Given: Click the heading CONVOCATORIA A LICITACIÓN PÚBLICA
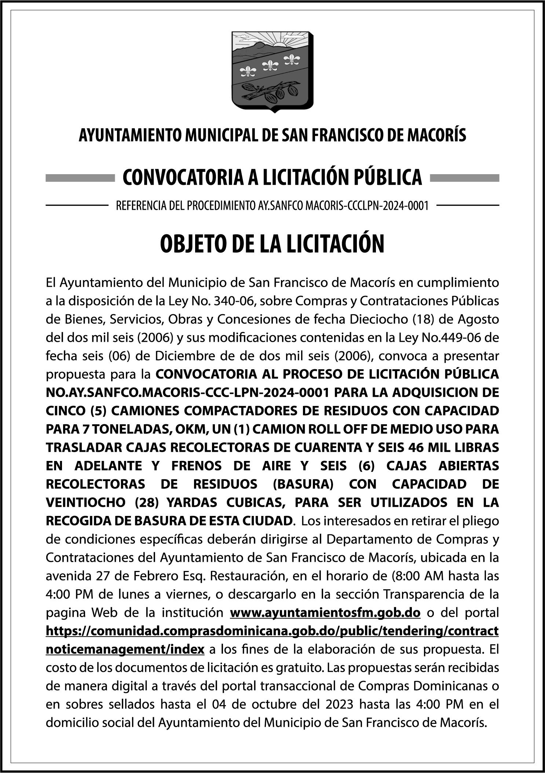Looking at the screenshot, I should click(272, 177).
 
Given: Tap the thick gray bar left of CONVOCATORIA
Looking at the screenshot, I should click(80, 178).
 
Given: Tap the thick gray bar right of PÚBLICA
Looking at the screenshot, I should click(464, 178).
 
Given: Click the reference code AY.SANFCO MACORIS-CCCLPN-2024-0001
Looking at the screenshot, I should click(341, 206).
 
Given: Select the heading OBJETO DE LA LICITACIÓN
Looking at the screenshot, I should click(272, 244).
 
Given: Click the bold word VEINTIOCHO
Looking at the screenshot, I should click(86, 502).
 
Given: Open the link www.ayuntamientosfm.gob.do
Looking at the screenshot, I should click(325, 612).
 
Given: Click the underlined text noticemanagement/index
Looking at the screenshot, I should click(125, 649).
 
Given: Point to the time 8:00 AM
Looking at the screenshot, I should click(416, 576).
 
